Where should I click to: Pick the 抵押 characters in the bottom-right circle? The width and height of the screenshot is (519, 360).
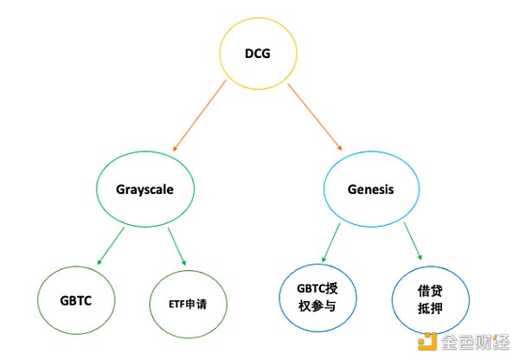click(x=430, y=309)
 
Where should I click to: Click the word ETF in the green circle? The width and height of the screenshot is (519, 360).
click(x=177, y=304)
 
